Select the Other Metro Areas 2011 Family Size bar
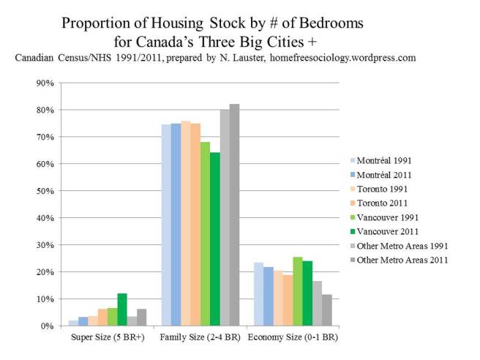(234, 215)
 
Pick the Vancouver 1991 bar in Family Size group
(205, 234)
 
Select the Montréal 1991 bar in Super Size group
(73, 323)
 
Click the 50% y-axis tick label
(45, 191)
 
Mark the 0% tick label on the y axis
(47, 326)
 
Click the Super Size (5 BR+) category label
(108, 339)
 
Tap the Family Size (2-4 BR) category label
(200, 339)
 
